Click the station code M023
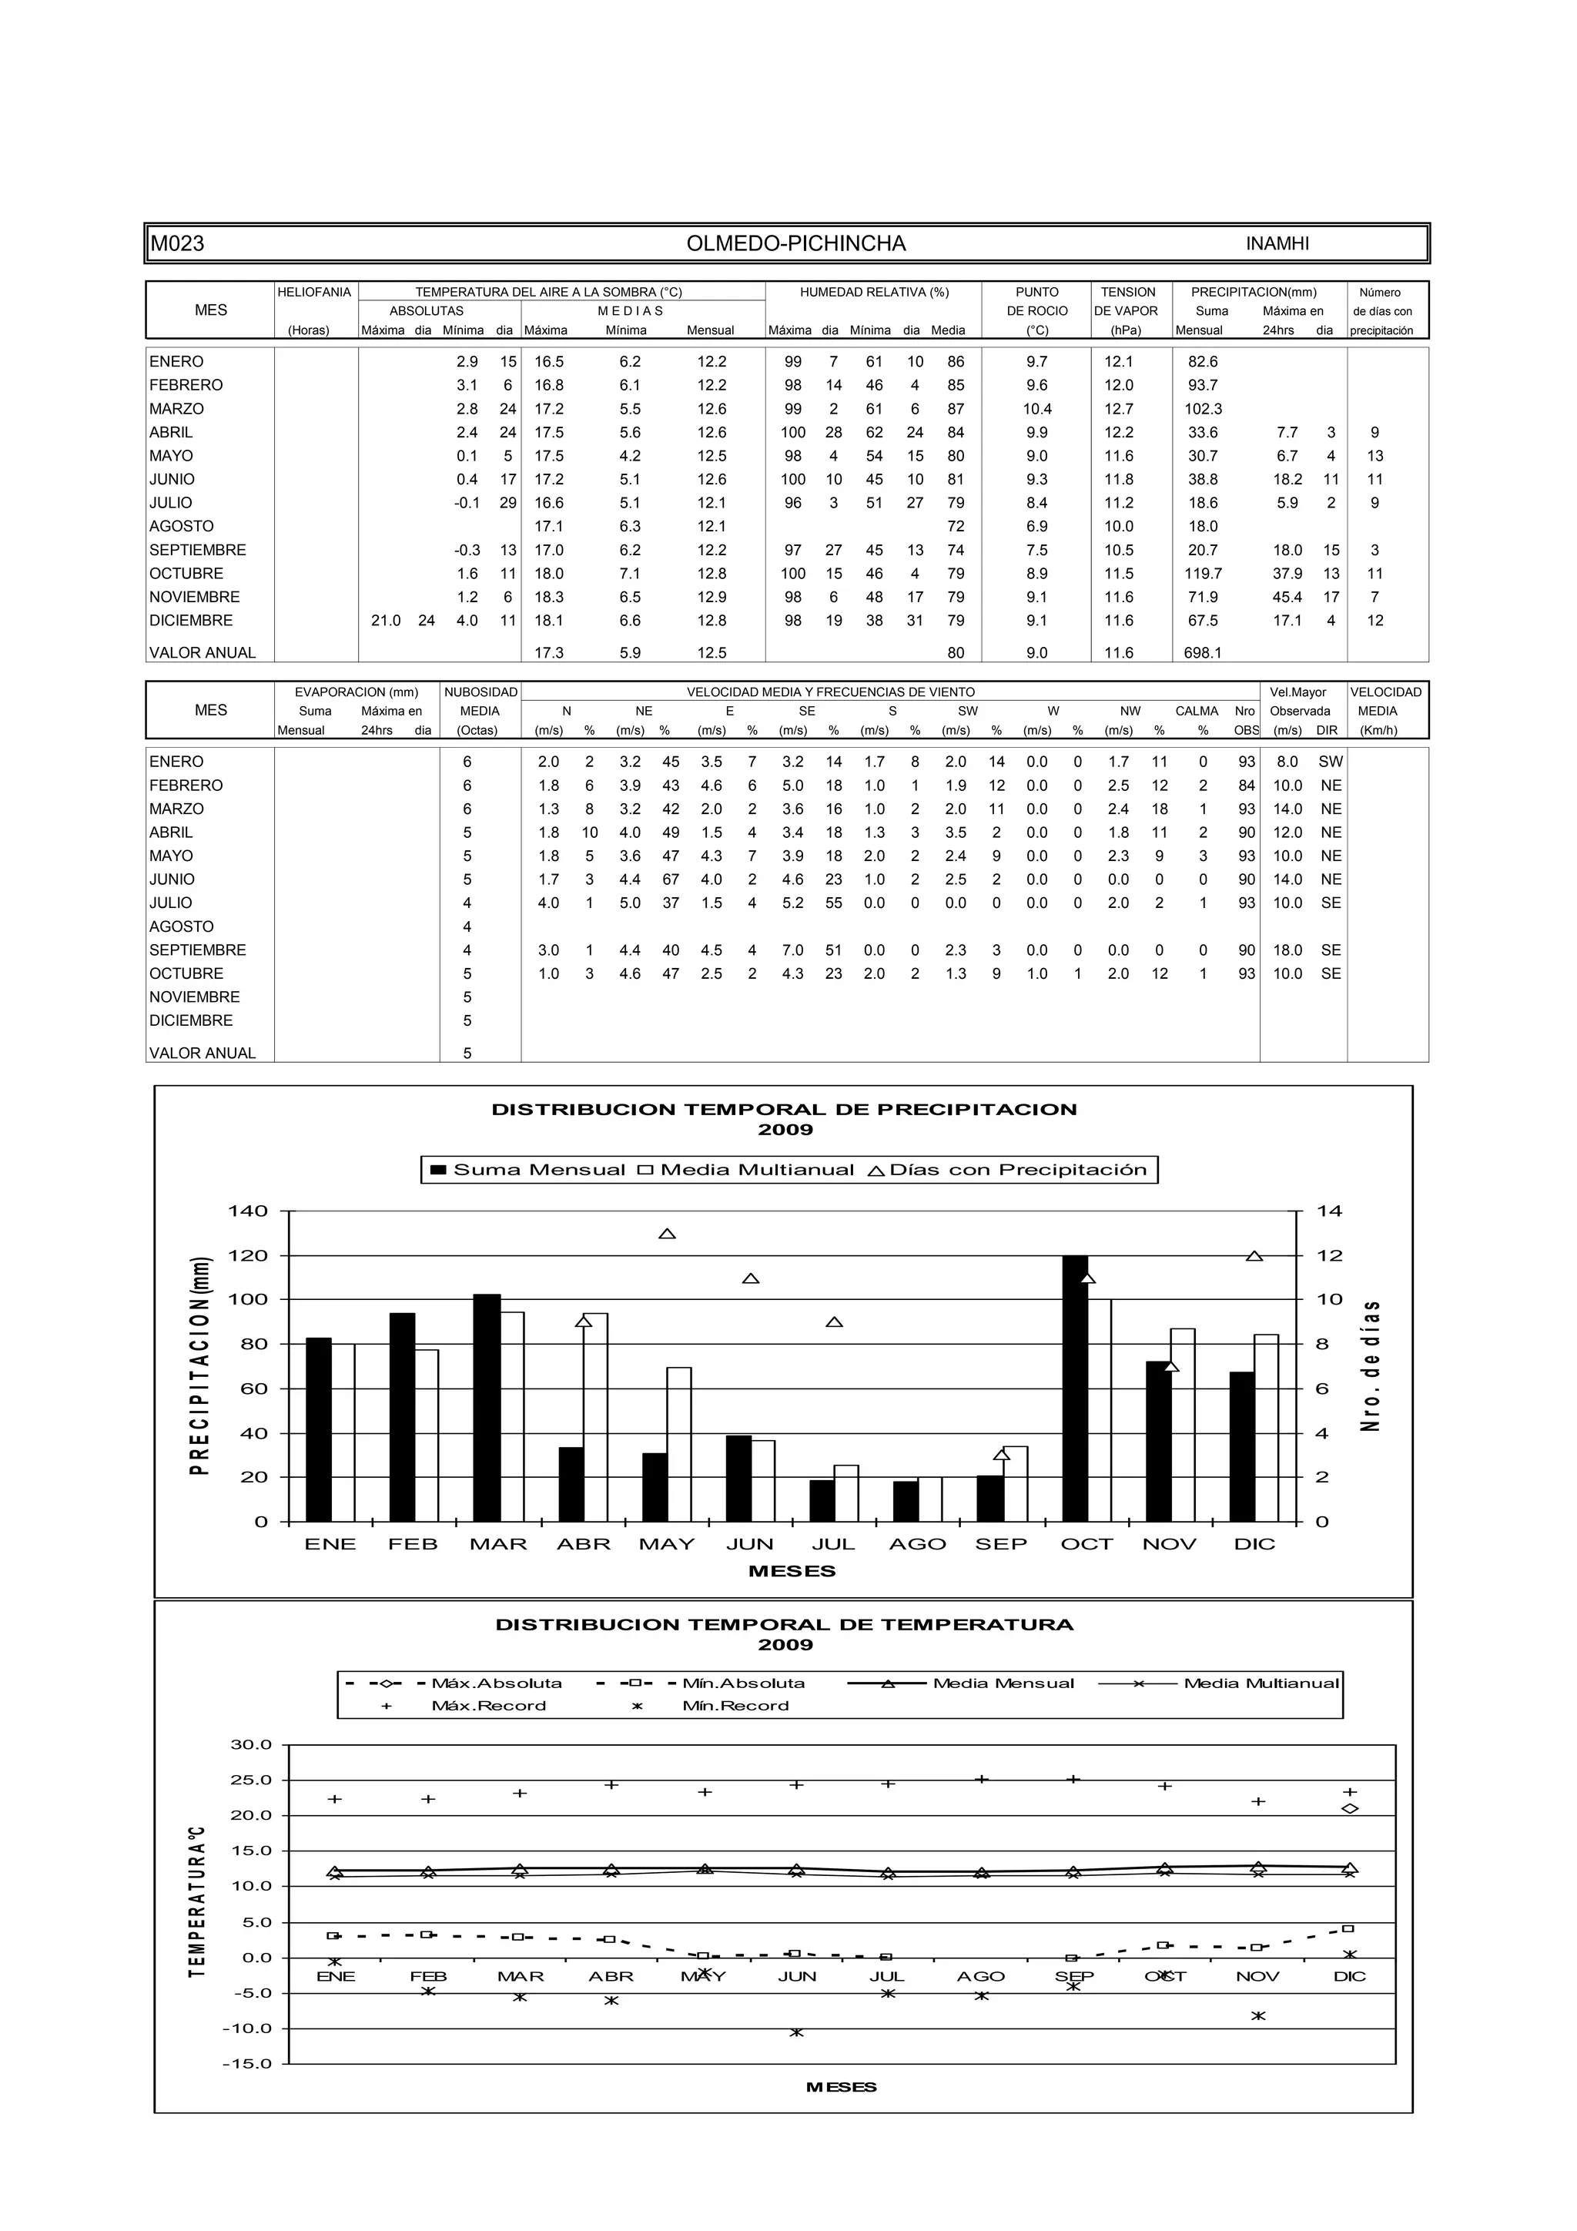(177, 244)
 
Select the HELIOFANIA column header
(314, 292)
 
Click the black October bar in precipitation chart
(1075, 1389)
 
